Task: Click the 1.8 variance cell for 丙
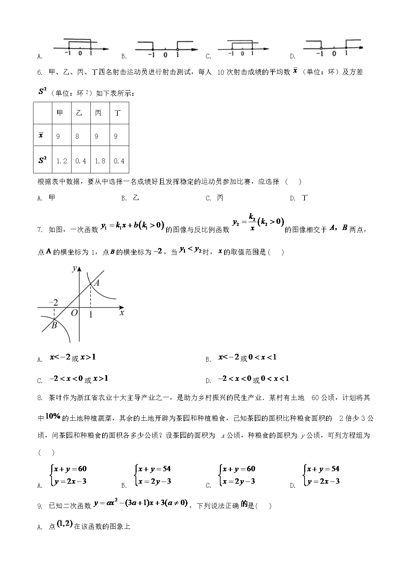(x=100, y=161)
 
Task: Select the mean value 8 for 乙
(x=78, y=136)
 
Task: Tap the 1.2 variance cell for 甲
(x=62, y=161)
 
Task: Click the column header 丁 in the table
(x=118, y=113)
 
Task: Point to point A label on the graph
(x=96, y=283)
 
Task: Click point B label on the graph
(x=54, y=325)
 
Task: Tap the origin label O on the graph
(x=74, y=313)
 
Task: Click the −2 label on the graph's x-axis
(x=53, y=303)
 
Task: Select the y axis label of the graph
(x=74, y=268)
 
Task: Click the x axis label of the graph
(x=122, y=313)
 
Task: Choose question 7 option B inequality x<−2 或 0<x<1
(x=247, y=357)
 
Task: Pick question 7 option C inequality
(x=79, y=379)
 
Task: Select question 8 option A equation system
(x=69, y=475)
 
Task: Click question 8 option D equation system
(x=322, y=475)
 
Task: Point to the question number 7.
(x=39, y=230)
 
